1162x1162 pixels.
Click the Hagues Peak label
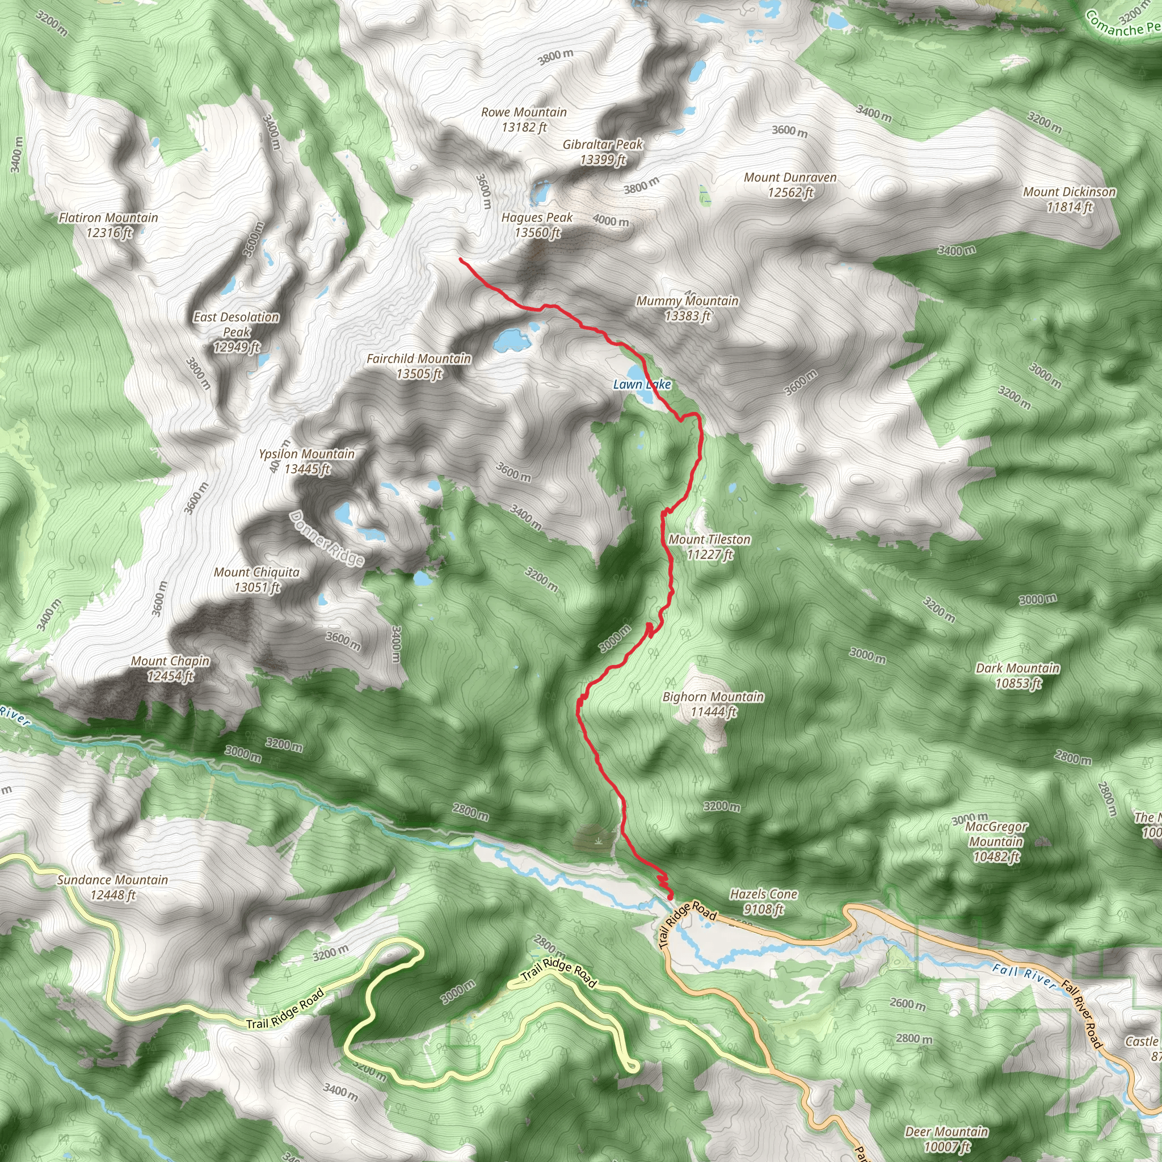coord(537,225)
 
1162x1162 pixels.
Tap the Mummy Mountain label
coord(688,308)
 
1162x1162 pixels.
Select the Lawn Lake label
coord(642,384)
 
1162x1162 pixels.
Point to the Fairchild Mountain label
coord(419,366)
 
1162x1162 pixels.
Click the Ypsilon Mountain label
coord(307,461)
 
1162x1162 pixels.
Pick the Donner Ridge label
coord(327,538)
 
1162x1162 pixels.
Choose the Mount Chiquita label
coord(257,579)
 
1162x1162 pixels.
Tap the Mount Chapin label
coord(171,668)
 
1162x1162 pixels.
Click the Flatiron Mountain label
coord(109,225)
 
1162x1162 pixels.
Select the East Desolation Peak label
coord(237,332)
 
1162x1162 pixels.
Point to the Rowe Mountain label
coord(524,119)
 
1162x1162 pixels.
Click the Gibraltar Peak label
coord(603,151)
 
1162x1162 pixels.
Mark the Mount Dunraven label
coord(790,184)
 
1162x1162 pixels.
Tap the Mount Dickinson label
coord(1070,199)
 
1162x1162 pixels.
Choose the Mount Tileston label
coord(710,547)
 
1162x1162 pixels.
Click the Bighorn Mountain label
coord(713,704)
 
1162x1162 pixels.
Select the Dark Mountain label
coord(1018,675)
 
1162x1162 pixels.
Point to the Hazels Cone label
coord(764,902)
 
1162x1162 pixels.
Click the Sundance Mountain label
coord(113,887)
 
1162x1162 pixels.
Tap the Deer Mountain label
coord(947,1139)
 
